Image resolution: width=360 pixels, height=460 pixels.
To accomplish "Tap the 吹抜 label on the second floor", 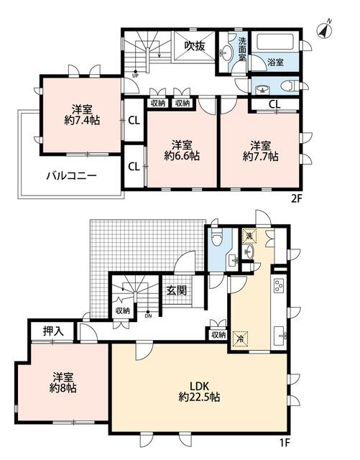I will pyautogui.click(x=194, y=45).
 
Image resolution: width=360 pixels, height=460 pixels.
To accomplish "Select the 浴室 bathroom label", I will pyautogui.click(x=275, y=62).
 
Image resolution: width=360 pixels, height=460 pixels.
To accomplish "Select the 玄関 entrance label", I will pyautogui.click(x=176, y=290).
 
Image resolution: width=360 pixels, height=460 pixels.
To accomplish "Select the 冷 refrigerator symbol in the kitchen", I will pyautogui.click(x=242, y=336).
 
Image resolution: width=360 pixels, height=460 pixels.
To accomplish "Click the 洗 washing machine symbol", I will pyautogui.click(x=247, y=236).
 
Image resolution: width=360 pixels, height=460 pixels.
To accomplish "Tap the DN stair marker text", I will pyautogui.click(x=148, y=316).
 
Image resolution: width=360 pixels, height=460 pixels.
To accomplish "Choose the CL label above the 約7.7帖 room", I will pyautogui.click(x=274, y=105).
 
